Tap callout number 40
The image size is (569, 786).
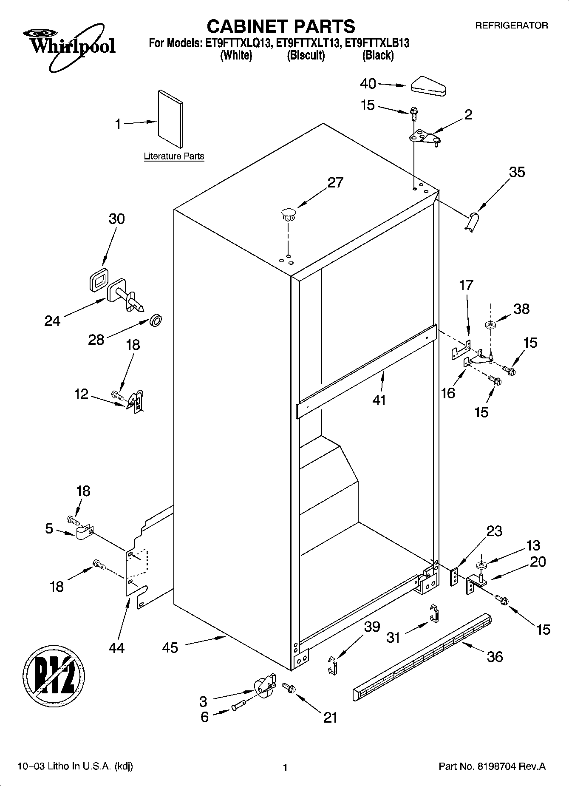click(x=368, y=84)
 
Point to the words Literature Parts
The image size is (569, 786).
click(x=174, y=156)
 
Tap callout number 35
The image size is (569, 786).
click(x=517, y=172)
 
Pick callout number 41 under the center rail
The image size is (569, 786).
click(x=379, y=400)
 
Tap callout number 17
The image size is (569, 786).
click(x=466, y=285)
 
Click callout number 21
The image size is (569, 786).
click(x=330, y=717)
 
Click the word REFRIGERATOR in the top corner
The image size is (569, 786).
click(x=511, y=26)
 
